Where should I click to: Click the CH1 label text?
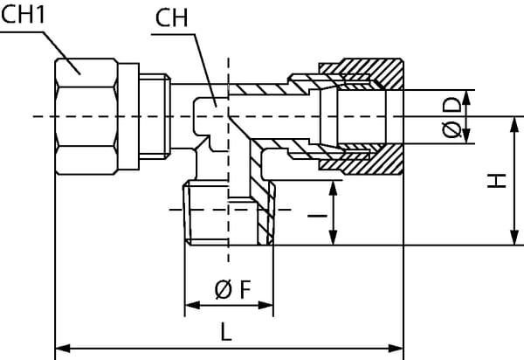[x=24, y=17]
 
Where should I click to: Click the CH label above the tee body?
[x=172, y=17]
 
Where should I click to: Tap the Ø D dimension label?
[x=452, y=117]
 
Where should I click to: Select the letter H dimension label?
[x=495, y=181]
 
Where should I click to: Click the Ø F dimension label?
[x=230, y=288]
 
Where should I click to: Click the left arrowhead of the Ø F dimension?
[x=190, y=305]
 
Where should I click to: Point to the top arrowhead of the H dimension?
[x=510, y=122]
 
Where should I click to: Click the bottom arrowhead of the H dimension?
[x=510, y=240]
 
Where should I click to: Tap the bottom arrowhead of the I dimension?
[x=333, y=240]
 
